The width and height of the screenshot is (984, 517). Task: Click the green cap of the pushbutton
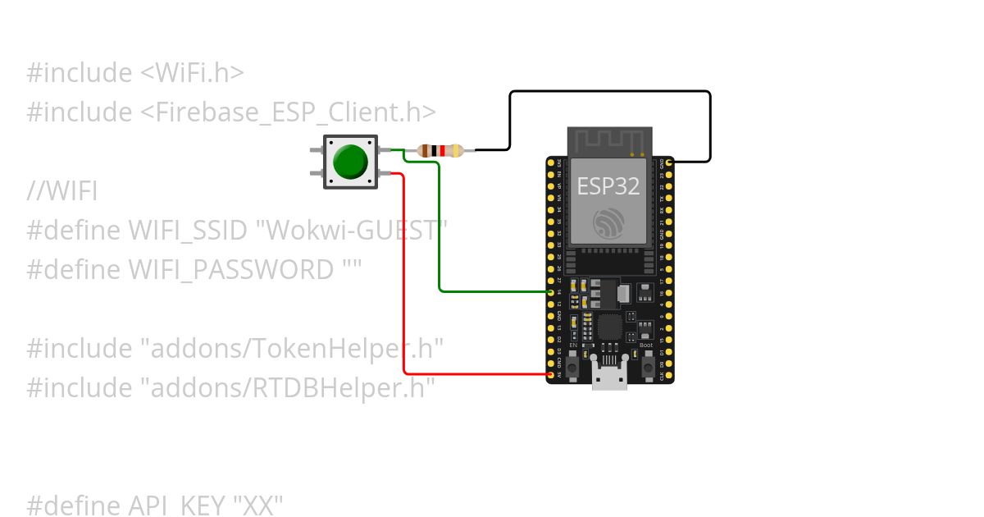tap(350, 162)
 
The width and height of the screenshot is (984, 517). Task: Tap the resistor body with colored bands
tap(440, 150)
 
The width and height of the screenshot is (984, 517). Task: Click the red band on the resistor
tap(444, 150)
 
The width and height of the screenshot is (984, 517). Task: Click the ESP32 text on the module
tap(608, 186)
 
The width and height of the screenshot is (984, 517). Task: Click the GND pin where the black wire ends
tap(669, 163)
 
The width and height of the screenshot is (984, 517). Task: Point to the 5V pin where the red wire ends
tap(551, 375)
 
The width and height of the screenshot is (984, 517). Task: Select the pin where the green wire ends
tap(551, 291)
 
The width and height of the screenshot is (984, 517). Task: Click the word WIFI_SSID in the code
tap(188, 231)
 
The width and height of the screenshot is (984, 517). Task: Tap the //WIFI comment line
tap(62, 192)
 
